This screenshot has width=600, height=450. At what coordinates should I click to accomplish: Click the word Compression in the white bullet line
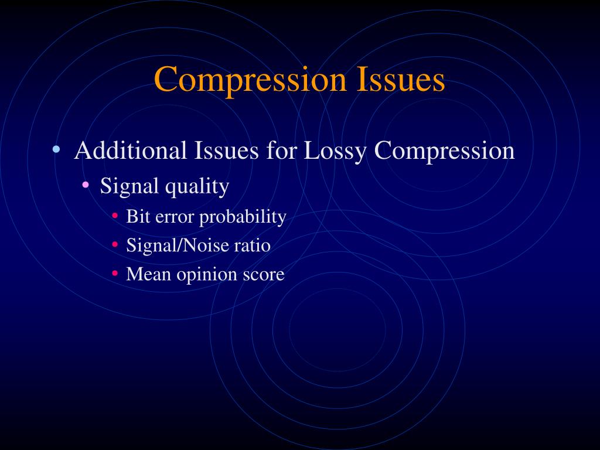[445, 152]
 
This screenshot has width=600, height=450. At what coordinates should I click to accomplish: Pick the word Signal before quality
[129, 187]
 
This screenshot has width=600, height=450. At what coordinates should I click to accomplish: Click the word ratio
[253, 245]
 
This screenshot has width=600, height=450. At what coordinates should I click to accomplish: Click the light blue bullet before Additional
[56, 149]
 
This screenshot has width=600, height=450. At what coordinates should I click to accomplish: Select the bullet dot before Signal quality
[86, 185]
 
